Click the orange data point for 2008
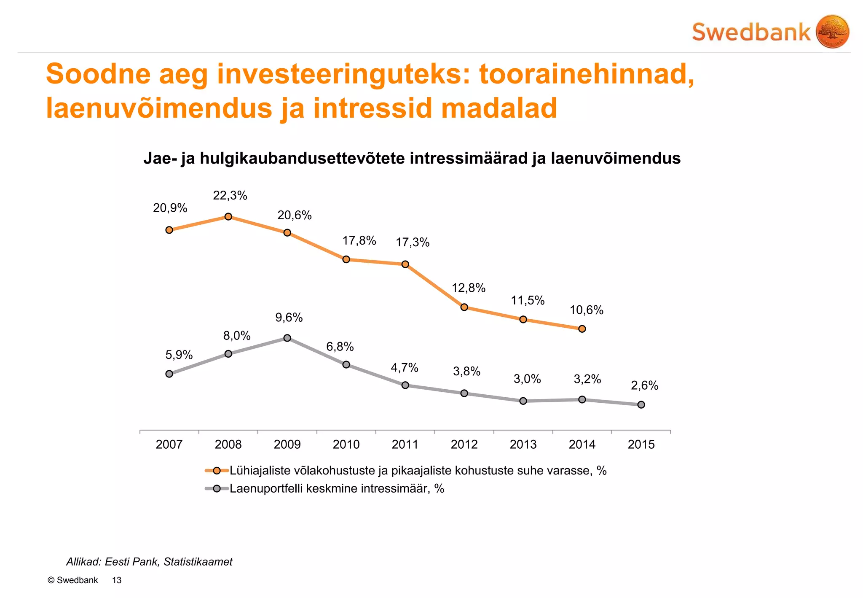coord(228,216)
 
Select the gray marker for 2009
coord(287,338)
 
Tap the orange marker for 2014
coord(582,329)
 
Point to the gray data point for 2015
coord(641,404)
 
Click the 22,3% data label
coord(230,195)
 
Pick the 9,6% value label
coord(289,317)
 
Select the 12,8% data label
coord(469,288)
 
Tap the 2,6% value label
coord(644,385)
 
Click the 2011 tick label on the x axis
coord(405,444)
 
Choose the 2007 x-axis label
coord(169,444)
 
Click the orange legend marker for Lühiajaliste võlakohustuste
coord(217,471)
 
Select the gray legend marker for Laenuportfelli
coord(217,489)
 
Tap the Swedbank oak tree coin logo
coord(832,32)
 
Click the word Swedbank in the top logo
coord(751,32)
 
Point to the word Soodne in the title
coord(98,74)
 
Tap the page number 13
coord(117,580)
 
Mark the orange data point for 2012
coord(464,307)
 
